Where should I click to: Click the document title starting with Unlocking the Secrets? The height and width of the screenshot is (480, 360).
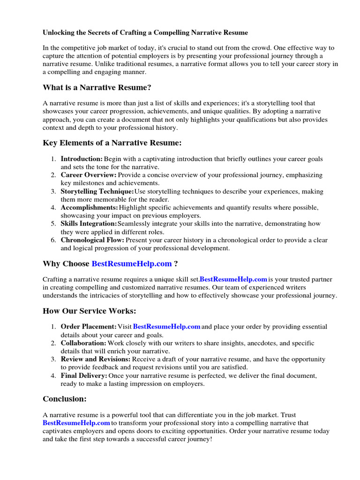pyautogui.click(x=145, y=33)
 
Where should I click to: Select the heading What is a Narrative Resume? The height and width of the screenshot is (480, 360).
pyautogui.click(x=97, y=88)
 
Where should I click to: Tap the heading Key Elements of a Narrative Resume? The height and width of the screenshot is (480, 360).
pyautogui.click(x=112, y=142)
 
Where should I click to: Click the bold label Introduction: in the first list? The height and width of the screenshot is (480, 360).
pyautogui.click(x=82, y=159)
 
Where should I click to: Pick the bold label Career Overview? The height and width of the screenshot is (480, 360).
pyautogui.click(x=89, y=175)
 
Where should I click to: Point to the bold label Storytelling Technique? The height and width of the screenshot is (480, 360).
pyautogui.click(x=97, y=191)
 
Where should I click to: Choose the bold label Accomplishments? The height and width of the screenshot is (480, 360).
pyautogui.click(x=90, y=207)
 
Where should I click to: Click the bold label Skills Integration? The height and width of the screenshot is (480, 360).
pyautogui.click(x=89, y=224)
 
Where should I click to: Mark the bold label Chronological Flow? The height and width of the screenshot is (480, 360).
pyautogui.click(x=92, y=240)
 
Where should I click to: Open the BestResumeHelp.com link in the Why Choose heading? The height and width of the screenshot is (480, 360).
pyautogui.click(x=132, y=264)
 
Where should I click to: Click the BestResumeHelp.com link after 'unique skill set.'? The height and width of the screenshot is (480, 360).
pyautogui.click(x=233, y=280)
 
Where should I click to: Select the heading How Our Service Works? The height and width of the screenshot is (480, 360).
pyautogui.click(x=89, y=311)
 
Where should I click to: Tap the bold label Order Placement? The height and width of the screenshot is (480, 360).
pyautogui.click(x=89, y=327)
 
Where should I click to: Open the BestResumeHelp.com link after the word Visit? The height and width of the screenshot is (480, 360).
pyautogui.click(x=167, y=327)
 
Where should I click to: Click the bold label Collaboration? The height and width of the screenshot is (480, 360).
pyautogui.click(x=83, y=343)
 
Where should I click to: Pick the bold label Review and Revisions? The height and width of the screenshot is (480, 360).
pyautogui.click(x=96, y=359)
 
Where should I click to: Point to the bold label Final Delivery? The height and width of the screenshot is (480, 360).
pyautogui.click(x=84, y=375)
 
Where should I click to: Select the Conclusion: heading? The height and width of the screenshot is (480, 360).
pyautogui.click(x=65, y=399)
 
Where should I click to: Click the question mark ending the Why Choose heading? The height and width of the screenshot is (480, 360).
pyautogui.click(x=176, y=264)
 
